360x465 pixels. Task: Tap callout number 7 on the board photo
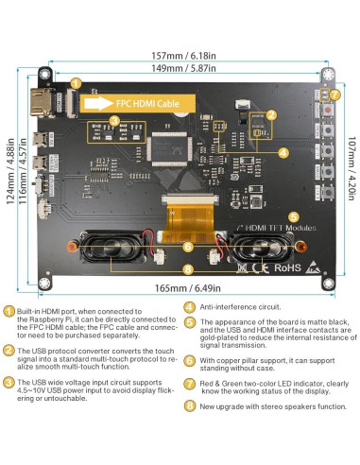coord(334,95)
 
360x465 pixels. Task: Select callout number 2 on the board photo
coord(271,115)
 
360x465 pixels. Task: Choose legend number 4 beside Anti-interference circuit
coord(189,306)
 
